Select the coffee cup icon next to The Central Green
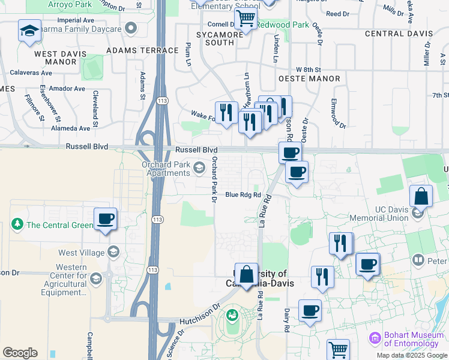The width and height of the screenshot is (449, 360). [106, 218]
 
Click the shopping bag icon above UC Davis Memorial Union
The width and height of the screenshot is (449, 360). [421, 196]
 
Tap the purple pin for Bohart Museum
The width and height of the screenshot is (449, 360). [376, 339]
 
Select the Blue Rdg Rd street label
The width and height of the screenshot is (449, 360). [243, 194]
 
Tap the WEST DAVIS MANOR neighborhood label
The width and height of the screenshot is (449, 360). [60, 58]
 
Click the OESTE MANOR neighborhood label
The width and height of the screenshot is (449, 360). [309, 79]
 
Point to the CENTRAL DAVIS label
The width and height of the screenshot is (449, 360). [398, 34]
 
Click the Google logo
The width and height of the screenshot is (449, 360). [20, 353]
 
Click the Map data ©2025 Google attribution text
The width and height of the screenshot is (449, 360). [412, 355]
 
